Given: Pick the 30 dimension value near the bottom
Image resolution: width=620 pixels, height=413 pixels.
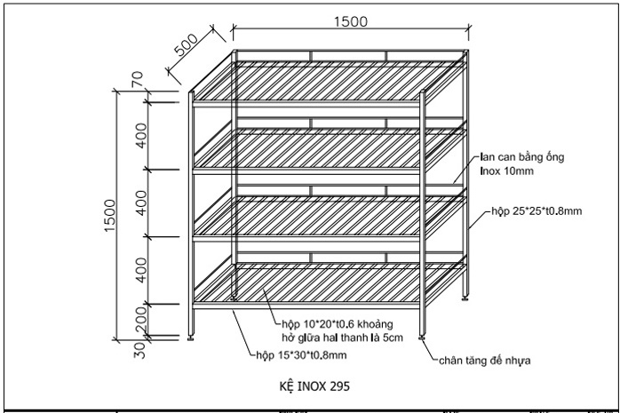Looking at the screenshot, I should (x=139, y=349).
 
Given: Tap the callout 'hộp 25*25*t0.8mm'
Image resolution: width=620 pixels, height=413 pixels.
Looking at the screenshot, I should (x=537, y=213).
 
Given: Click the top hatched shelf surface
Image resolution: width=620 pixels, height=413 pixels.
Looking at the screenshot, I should (x=329, y=81).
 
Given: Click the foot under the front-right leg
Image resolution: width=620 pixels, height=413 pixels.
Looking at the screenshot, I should (x=424, y=336).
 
